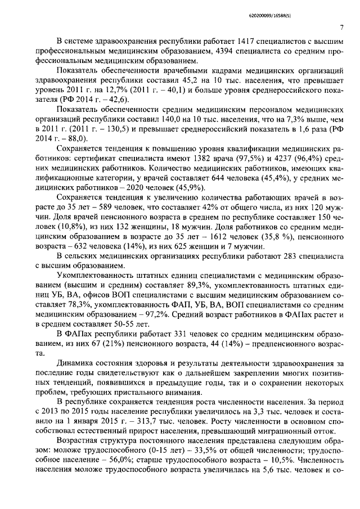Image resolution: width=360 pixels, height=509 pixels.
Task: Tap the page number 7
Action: [x=342, y=29]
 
